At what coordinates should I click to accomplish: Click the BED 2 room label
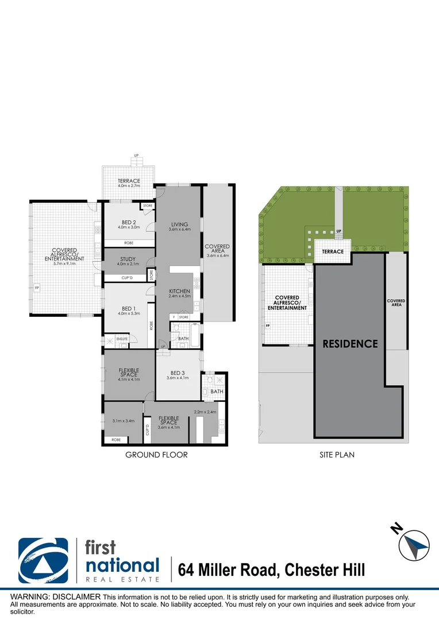tap(129, 222)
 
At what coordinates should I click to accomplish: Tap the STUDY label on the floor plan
tap(129, 259)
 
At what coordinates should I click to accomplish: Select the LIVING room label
tap(179, 224)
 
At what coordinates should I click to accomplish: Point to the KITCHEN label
tap(179, 291)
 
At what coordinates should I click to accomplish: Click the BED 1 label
tap(129, 308)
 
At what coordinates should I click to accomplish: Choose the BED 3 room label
tap(178, 372)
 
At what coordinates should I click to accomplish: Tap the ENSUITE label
tap(122, 339)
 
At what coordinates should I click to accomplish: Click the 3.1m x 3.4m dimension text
tap(123, 421)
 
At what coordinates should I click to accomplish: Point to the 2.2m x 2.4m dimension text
tap(205, 412)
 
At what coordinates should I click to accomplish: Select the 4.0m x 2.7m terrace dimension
tap(129, 186)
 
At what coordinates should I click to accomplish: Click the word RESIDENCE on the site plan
tap(350, 344)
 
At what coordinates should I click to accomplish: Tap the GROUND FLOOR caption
tap(156, 455)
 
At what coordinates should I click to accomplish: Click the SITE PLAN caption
tap(337, 455)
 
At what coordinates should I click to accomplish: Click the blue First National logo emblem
tap(43, 560)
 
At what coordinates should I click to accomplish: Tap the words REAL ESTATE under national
tap(122, 579)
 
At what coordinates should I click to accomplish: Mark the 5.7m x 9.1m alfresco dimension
tap(64, 264)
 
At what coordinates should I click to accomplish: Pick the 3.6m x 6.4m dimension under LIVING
tap(179, 229)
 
